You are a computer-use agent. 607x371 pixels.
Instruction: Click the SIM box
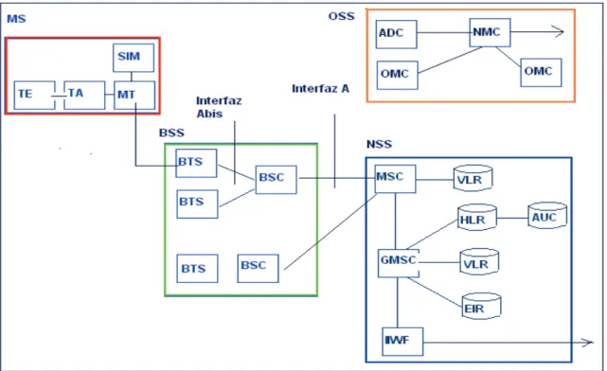point(134,58)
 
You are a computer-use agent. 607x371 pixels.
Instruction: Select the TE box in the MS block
point(34,96)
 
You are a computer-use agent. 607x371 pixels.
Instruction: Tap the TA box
point(84,96)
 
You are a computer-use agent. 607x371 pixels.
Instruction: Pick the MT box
point(134,96)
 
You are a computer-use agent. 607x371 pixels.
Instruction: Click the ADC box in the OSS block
point(397,34)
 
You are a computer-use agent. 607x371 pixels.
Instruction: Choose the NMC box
point(491,32)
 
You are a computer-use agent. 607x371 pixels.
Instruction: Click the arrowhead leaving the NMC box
point(558,32)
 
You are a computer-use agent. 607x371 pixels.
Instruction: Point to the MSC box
point(396,179)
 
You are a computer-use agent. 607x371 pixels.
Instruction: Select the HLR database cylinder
point(477,218)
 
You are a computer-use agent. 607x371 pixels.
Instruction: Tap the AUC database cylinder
point(547,215)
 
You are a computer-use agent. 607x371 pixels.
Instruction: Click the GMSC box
point(399,263)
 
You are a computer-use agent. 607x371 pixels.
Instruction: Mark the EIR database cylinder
point(482,306)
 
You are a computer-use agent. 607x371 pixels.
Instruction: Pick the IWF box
point(402,342)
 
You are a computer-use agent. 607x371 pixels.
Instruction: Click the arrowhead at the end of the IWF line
point(587,342)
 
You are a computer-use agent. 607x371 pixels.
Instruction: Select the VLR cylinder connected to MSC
point(473,178)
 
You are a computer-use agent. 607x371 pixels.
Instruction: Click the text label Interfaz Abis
point(219,107)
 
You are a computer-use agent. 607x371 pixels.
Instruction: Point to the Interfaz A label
point(320,89)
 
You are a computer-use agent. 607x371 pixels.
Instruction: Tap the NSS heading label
point(379,144)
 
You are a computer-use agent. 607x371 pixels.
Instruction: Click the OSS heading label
point(342,16)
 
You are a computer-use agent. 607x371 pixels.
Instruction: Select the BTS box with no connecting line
point(197,269)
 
